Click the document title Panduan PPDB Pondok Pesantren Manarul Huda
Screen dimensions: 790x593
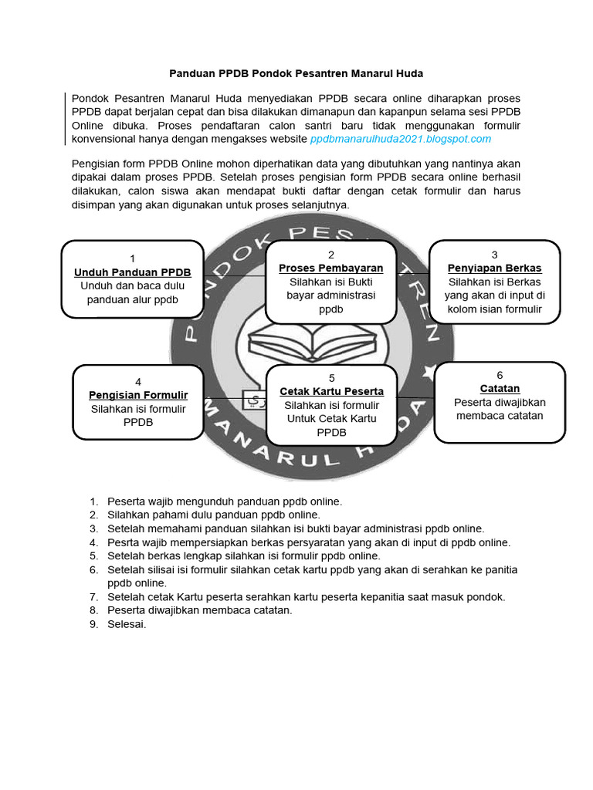[x=296, y=73]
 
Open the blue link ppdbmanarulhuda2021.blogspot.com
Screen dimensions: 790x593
[x=400, y=139]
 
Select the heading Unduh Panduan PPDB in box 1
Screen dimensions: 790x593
[x=133, y=272]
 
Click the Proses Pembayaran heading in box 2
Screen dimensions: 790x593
[x=330, y=268]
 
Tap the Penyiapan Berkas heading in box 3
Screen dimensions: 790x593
[x=494, y=268]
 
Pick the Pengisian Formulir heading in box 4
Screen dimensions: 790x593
[x=138, y=395]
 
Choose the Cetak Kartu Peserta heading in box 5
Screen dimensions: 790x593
[x=331, y=391]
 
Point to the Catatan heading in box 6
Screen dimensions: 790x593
[x=500, y=388]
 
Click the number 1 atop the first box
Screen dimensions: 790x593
[x=133, y=258]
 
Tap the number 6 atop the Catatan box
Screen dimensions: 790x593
[x=500, y=374]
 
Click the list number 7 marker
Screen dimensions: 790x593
[x=94, y=596]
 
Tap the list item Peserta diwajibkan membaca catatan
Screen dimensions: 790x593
[x=200, y=610]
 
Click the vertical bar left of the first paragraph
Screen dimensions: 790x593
[x=66, y=118]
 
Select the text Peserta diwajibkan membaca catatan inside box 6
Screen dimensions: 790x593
[x=500, y=409]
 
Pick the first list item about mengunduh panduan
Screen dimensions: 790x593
[x=224, y=501]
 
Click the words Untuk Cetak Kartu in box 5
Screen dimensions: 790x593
[x=331, y=419]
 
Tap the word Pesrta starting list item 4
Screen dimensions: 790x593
[x=124, y=542]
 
